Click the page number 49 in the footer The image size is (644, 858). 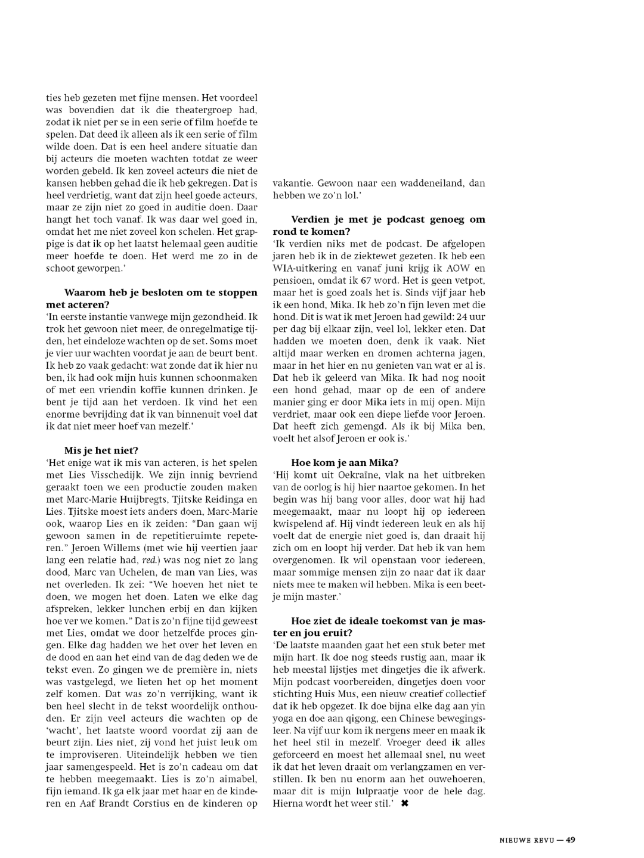tap(571, 840)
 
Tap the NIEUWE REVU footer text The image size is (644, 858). tap(527, 840)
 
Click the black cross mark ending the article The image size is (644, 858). tap(405, 803)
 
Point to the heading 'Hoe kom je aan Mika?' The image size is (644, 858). tap(345, 462)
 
